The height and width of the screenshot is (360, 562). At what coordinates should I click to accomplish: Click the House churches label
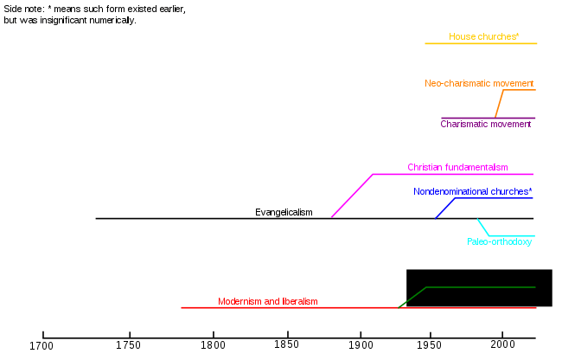[x=483, y=37]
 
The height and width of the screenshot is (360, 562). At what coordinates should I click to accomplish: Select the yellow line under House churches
[x=481, y=43]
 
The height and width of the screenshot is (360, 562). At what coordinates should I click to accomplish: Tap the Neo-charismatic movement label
[x=479, y=84]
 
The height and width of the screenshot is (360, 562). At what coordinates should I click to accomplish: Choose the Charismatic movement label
[x=485, y=125]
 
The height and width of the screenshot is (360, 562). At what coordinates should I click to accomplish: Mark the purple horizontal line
[x=467, y=118]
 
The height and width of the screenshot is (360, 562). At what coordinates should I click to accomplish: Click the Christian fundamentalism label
[x=457, y=168]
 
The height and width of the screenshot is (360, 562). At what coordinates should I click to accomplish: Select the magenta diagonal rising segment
[x=352, y=196]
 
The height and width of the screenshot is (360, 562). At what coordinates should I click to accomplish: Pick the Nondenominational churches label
[x=472, y=192]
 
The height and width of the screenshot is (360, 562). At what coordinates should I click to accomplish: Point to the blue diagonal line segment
[x=445, y=209]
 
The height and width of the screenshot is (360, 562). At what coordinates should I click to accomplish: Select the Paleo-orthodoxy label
[x=499, y=242]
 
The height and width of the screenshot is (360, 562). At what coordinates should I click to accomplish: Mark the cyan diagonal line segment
[x=483, y=228]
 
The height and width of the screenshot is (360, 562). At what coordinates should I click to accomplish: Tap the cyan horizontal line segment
[x=512, y=235]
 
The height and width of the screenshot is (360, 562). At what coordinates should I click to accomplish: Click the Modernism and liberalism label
[x=267, y=301]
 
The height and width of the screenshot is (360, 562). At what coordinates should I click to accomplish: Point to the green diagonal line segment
[x=413, y=297]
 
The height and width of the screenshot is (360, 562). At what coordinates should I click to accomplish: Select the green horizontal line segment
[x=481, y=287]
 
